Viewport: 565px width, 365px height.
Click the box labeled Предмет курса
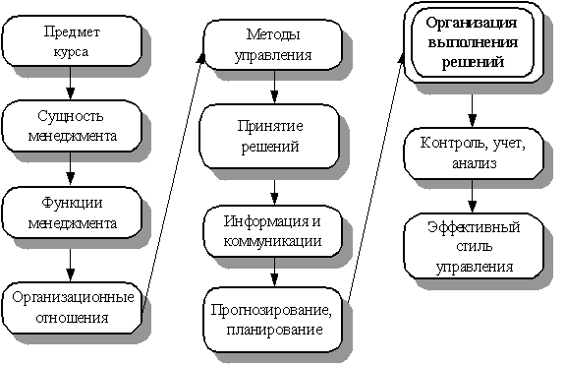tap(72, 41)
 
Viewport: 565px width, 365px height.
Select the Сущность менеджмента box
tap(72, 126)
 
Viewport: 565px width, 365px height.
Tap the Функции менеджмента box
tap(72, 213)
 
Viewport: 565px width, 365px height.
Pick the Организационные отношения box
tap(72, 308)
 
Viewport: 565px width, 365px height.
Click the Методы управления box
tap(273, 44)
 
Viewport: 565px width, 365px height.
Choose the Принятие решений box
tap(269, 137)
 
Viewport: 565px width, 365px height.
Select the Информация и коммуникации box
tap(273, 231)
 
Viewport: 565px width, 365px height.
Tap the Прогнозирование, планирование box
tap(273, 320)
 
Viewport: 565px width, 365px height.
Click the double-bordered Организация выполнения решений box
tap(473, 43)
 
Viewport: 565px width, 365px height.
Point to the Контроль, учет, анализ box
tap(473, 153)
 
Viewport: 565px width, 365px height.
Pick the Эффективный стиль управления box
tap(474, 246)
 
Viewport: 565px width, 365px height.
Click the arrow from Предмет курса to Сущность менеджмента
tap(71, 83)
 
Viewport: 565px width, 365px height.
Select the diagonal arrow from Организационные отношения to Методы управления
tap(173, 183)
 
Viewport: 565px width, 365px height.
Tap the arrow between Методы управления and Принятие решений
tap(274, 87)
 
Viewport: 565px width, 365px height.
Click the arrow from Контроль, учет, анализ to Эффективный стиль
tap(472, 196)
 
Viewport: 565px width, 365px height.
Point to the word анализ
tap(475, 163)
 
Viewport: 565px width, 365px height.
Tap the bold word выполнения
tap(473, 42)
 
